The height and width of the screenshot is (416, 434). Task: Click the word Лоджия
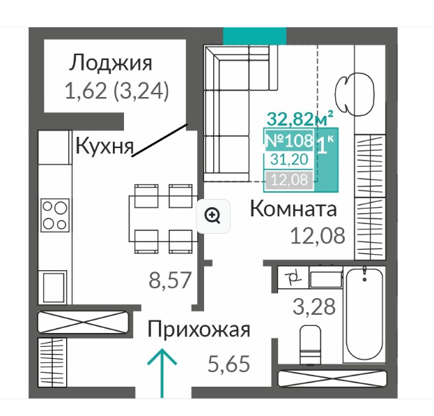[x=111, y=64]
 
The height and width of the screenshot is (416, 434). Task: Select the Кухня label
[x=104, y=146]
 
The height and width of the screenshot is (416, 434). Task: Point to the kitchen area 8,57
[x=170, y=280]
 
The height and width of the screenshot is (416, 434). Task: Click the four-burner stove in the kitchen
[x=55, y=215]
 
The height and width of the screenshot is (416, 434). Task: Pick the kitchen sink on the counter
[x=55, y=288]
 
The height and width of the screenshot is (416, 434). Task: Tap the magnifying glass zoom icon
[x=213, y=216]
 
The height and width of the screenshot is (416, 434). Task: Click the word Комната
[x=293, y=209]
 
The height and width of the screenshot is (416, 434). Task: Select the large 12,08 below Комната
[x=318, y=236]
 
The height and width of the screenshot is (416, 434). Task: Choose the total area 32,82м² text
[x=300, y=119]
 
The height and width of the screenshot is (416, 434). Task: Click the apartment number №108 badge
[x=289, y=140]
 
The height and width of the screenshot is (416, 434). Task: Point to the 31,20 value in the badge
[x=289, y=159]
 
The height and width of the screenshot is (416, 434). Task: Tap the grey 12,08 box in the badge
[x=289, y=180]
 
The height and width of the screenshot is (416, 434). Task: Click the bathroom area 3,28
[x=314, y=306]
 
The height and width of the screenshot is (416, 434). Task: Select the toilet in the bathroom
[x=311, y=344]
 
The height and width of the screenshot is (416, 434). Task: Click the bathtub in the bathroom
[x=364, y=315]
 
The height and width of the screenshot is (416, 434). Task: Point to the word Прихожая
[x=199, y=330]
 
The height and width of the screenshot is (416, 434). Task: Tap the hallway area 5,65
[x=228, y=364]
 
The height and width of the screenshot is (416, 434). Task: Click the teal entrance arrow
[x=162, y=373]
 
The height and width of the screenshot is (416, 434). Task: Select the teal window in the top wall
[x=255, y=36]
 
